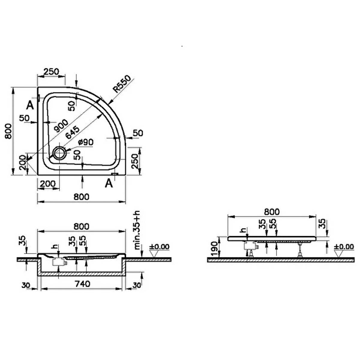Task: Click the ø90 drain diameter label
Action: point(86,142)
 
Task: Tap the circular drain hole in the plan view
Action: point(59,153)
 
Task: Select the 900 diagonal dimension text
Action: point(61,125)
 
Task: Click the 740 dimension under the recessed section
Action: point(82,284)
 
